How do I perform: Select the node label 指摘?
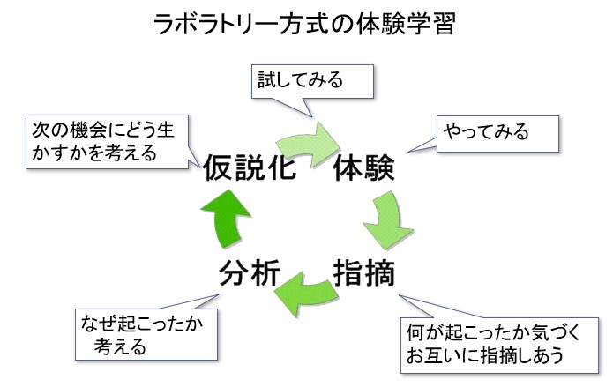363,273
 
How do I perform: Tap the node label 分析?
250,274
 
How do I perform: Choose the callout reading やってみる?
499,133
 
